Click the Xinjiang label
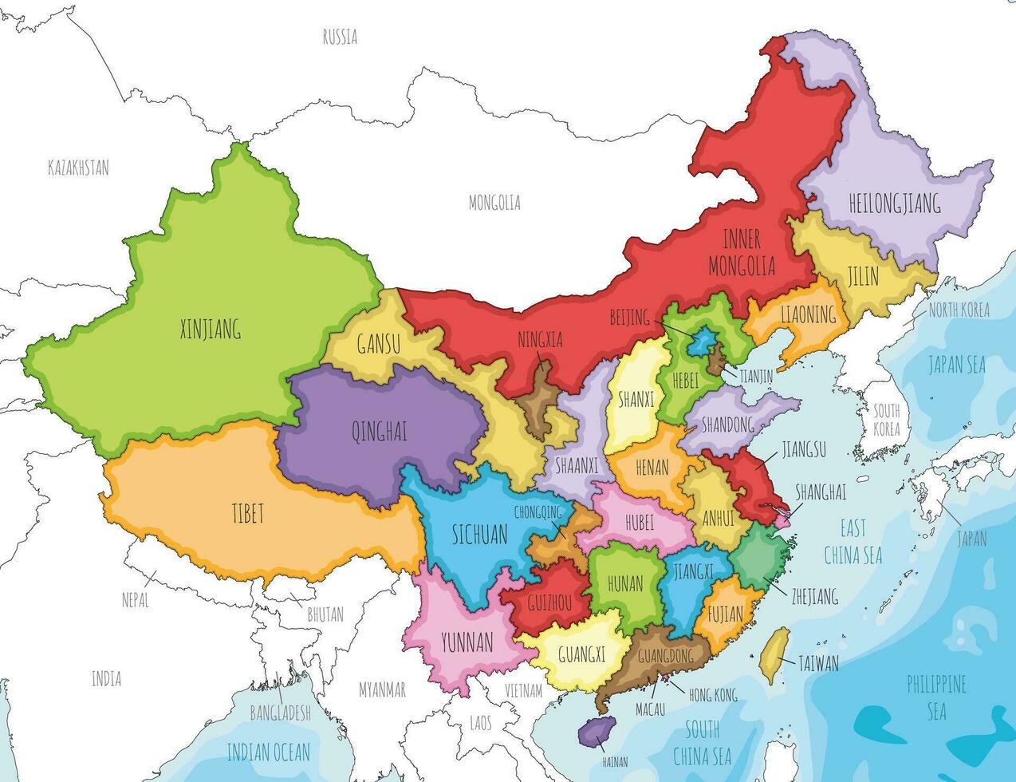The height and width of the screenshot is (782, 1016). (x=211, y=328)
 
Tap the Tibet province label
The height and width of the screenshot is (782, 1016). (x=247, y=513)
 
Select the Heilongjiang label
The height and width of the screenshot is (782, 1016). (x=883, y=203)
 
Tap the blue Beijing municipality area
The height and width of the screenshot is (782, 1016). (x=703, y=344)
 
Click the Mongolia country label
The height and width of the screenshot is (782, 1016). (x=494, y=203)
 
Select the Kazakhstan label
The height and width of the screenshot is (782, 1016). (x=78, y=168)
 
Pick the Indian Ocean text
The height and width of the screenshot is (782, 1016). (x=268, y=751)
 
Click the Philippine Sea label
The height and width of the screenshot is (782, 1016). (x=936, y=696)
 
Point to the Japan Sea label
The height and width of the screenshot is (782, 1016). (x=957, y=365)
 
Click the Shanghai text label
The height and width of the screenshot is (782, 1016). (x=821, y=492)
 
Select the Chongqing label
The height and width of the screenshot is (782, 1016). (x=544, y=511)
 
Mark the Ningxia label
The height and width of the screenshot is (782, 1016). (x=539, y=340)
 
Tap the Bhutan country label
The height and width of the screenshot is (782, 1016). (x=325, y=614)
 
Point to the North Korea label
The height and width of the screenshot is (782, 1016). (x=959, y=310)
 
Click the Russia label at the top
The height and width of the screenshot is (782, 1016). (x=340, y=37)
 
